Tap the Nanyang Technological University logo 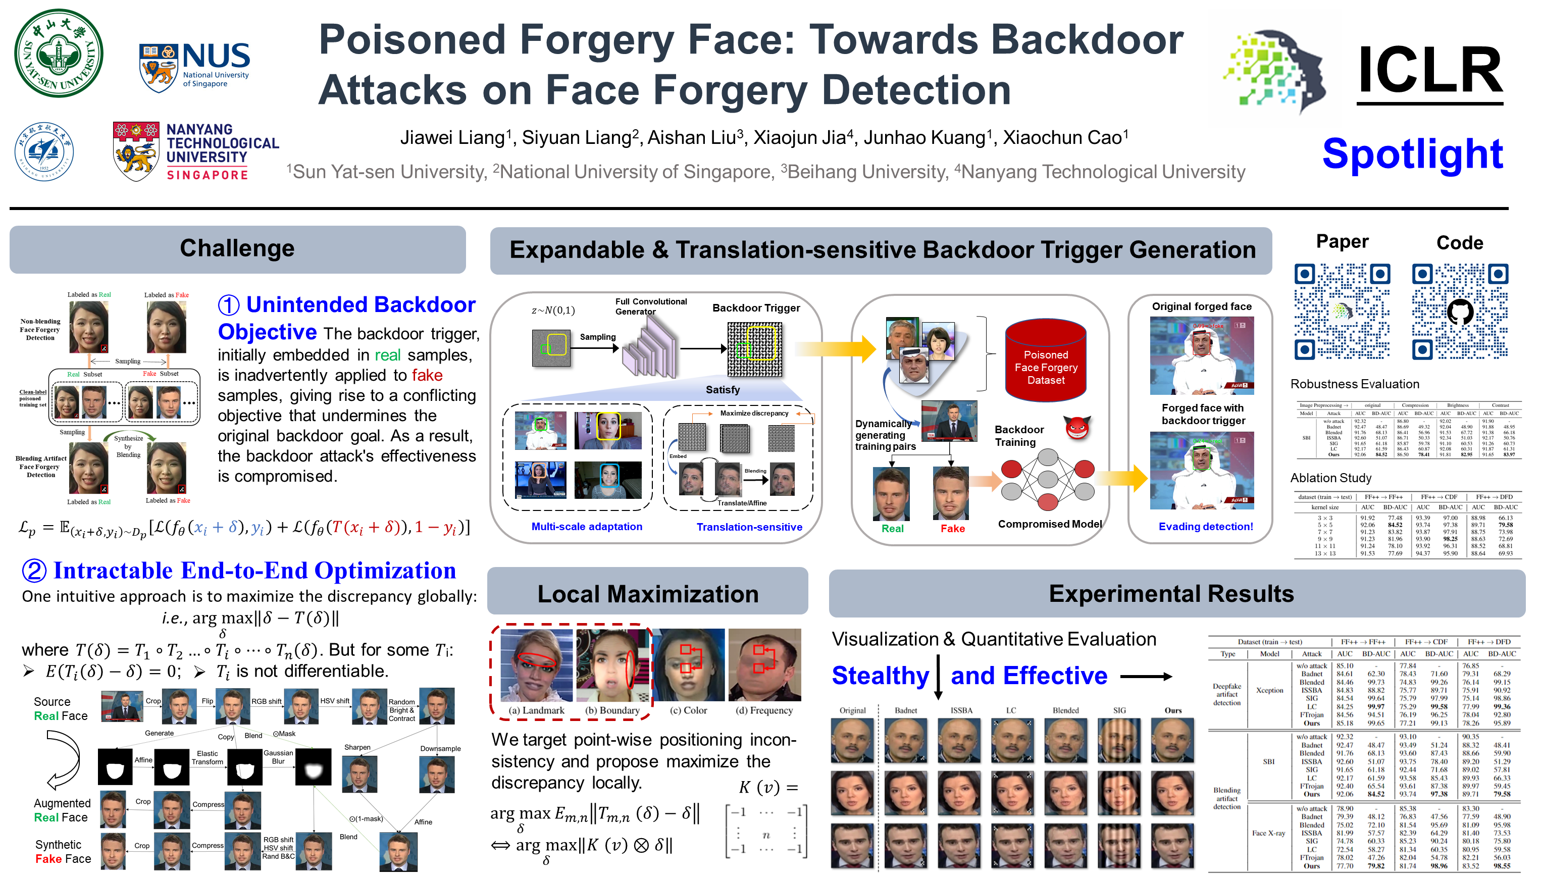click(x=195, y=152)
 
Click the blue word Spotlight click(x=1412, y=154)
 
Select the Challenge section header click(x=237, y=249)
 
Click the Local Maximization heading click(x=647, y=594)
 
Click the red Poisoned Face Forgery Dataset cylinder click(x=1046, y=361)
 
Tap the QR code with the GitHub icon click(x=1460, y=312)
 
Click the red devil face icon click(x=1077, y=427)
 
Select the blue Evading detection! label click(x=1205, y=527)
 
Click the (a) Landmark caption click(x=537, y=710)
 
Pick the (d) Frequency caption click(x=764, y=710)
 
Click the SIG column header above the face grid click(x=1119, y=710)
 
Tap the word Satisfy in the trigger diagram click(x=723, y=389)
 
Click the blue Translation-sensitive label click(x=749, y=527)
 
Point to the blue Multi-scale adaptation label click(x=587, y=527)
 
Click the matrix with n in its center click(x=766, y=831)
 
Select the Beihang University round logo click(x=44, y=151)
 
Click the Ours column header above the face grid click(x=1172, y=710)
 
